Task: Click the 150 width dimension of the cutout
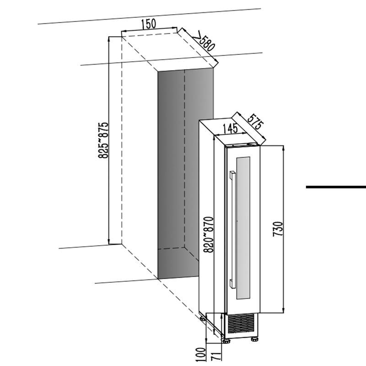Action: (x=149, y=24)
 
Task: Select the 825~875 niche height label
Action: (x=104, y=140)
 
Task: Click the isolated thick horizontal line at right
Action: (x=335, y=187)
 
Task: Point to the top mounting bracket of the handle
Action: (x=232, y=173)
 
